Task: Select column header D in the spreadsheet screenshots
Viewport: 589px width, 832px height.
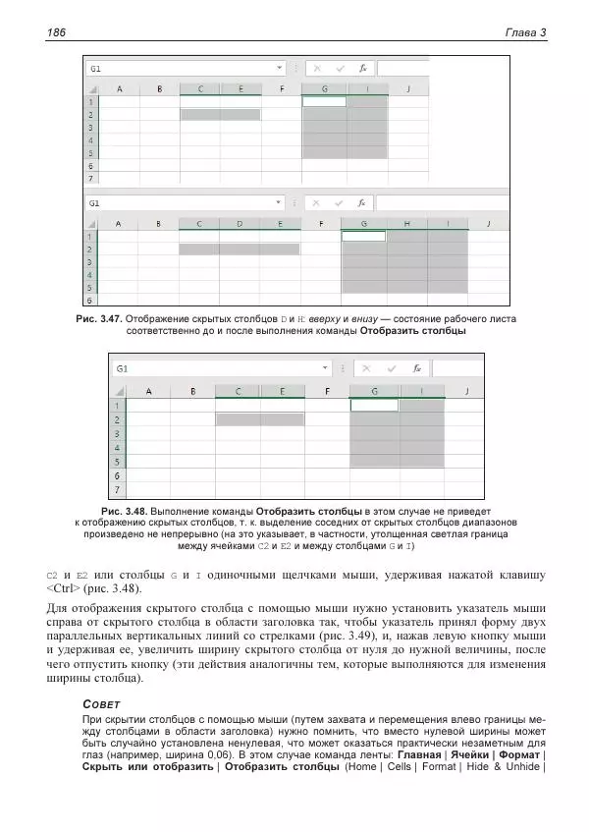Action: click(x=240, y=223)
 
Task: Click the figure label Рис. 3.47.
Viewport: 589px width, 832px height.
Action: click(x=97, y=319)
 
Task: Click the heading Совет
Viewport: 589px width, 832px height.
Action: click(x=103, y=704)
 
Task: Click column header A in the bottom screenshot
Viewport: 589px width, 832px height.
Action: click(x=149, y=390)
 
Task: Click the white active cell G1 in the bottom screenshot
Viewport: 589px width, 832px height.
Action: click(x=374, y=405)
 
